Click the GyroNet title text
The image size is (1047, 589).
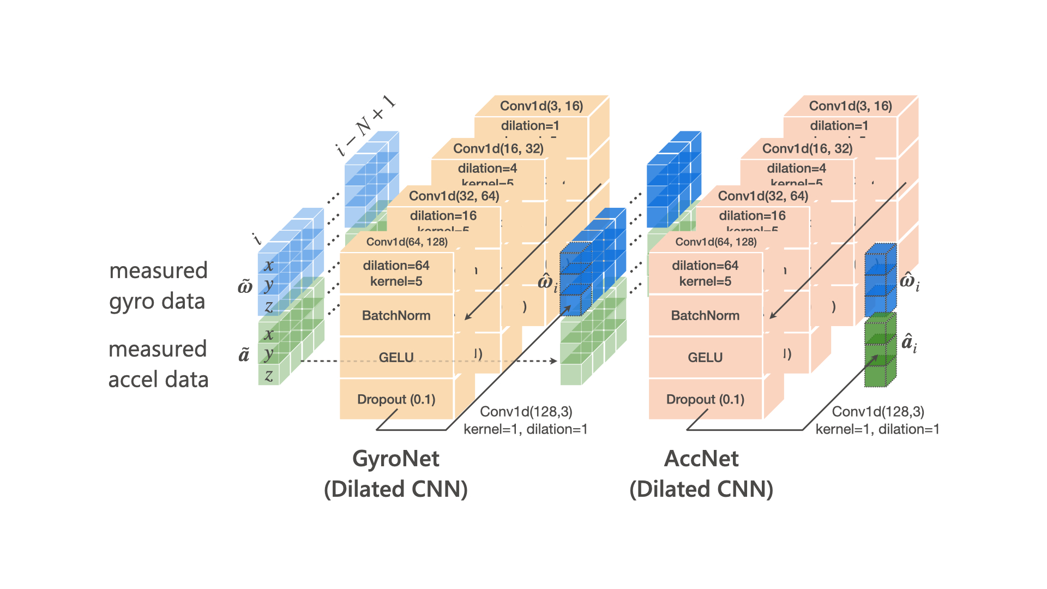coord(396,459)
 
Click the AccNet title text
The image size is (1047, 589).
coord(701,459)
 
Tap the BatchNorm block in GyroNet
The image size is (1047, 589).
coord(396,316)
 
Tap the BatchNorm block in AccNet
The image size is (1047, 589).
coord(705,316)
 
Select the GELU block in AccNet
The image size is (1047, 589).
coord(705,358)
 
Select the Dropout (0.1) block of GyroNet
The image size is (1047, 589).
coord(396,400)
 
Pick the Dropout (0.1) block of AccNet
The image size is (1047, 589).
coord(705,400)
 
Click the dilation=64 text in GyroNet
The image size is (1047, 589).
coord(396,266)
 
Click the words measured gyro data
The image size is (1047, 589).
coord(158,286)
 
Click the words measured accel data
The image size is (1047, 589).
coord(158,364)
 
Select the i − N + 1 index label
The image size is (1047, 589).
coord(365,126)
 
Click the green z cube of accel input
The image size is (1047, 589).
coord(269,375)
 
